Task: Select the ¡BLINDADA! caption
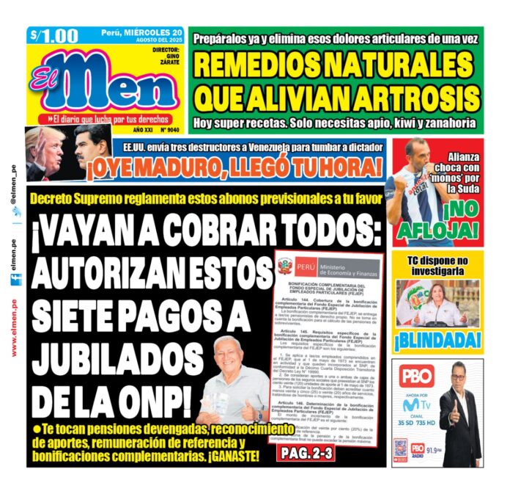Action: click(x=438, y=340)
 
